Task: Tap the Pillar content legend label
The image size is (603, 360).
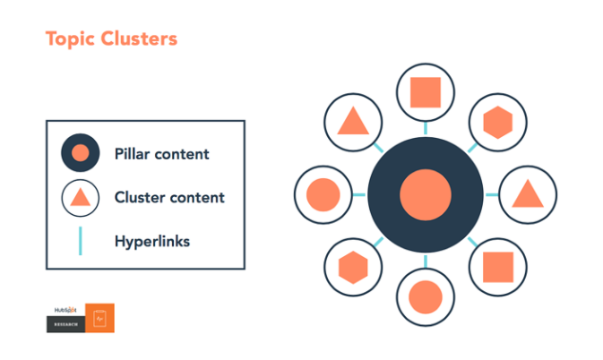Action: click(x=161, y=154)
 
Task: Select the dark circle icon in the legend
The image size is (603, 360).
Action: click(x=80, y=154)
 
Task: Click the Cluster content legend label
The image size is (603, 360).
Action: click(x=169, y=197)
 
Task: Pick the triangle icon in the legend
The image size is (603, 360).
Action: click(x=80, y=198)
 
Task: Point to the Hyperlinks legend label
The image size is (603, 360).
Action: click(x=152, y=241)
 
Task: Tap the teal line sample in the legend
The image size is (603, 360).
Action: click(x=80, y=241)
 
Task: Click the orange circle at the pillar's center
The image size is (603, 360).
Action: click(x=425, y=194)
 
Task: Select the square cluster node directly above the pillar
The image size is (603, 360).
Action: click(x=425, y=93)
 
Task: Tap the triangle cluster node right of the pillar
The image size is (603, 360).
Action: click(x=526, y=194)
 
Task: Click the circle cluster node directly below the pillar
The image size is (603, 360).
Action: click(x=425, y=296)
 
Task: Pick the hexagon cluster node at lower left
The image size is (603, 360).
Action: click(x=353, y=266)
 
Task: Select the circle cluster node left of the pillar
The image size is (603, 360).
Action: click(x=323, y=194)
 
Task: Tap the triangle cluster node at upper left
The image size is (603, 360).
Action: click(x=353, y=122)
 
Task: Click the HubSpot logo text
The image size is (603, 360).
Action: click(x=65, y=310)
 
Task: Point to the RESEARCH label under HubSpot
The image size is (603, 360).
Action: click(x=65, y=324)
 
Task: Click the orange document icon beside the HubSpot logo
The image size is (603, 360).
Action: click(x=100, y=318)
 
